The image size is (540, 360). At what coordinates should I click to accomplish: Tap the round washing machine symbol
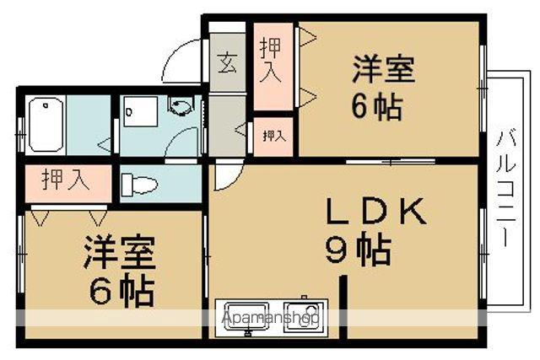point(180,107)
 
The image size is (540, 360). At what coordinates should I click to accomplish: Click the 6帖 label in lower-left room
point(122,292)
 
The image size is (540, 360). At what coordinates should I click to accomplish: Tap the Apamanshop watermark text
point(269,318)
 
